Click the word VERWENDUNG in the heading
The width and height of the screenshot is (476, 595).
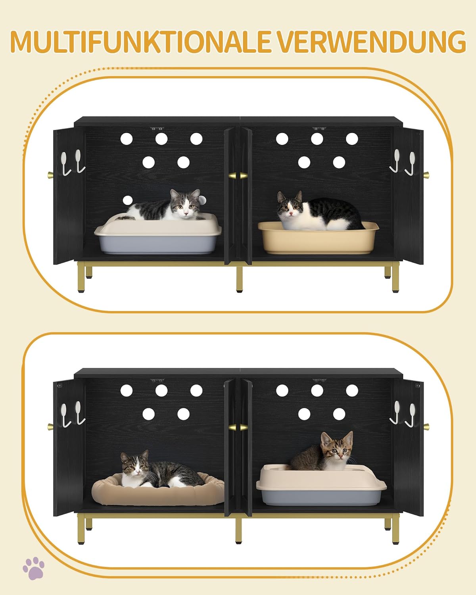tap(372, 42)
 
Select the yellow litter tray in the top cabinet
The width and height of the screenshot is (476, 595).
tap(319, 238)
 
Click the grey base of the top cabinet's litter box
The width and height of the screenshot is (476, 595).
tap(157, 244)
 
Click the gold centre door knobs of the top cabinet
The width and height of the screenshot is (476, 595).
tap(238, 176)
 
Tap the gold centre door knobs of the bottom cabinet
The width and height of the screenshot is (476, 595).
tap(238, 427)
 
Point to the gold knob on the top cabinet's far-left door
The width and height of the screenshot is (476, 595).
tap(51, 175)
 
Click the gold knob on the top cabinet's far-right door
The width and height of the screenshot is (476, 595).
tap(426, 175)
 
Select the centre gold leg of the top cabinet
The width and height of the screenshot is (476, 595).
tap(240, 279)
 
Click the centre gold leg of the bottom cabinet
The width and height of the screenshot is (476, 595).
tap(239, 531)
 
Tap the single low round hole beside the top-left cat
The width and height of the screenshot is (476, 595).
tap(127, 200)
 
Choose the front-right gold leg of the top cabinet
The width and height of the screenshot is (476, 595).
tap(396, 277)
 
